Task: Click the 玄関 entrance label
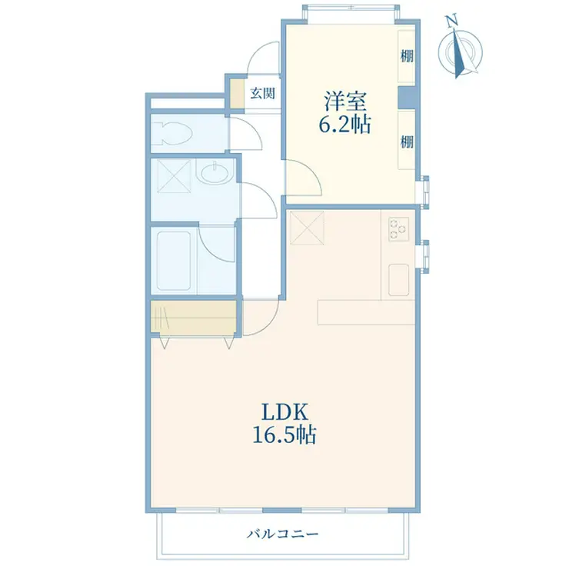[263, 94]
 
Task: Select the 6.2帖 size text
[344, 125]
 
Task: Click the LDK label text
[284, 412]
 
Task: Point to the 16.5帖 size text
[284, 435]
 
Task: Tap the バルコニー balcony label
[283, 534]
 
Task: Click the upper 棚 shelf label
[407, 56]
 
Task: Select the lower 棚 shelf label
[407, 141]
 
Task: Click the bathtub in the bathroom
[174, 261]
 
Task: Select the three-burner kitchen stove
[399, 229]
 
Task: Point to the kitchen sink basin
[398, 280]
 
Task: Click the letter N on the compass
[452, 22]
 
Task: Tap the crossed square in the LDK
[307, 228]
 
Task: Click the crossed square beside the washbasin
[174, 176]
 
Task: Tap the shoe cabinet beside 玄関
[238, 94]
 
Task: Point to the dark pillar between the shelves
[407, 97]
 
